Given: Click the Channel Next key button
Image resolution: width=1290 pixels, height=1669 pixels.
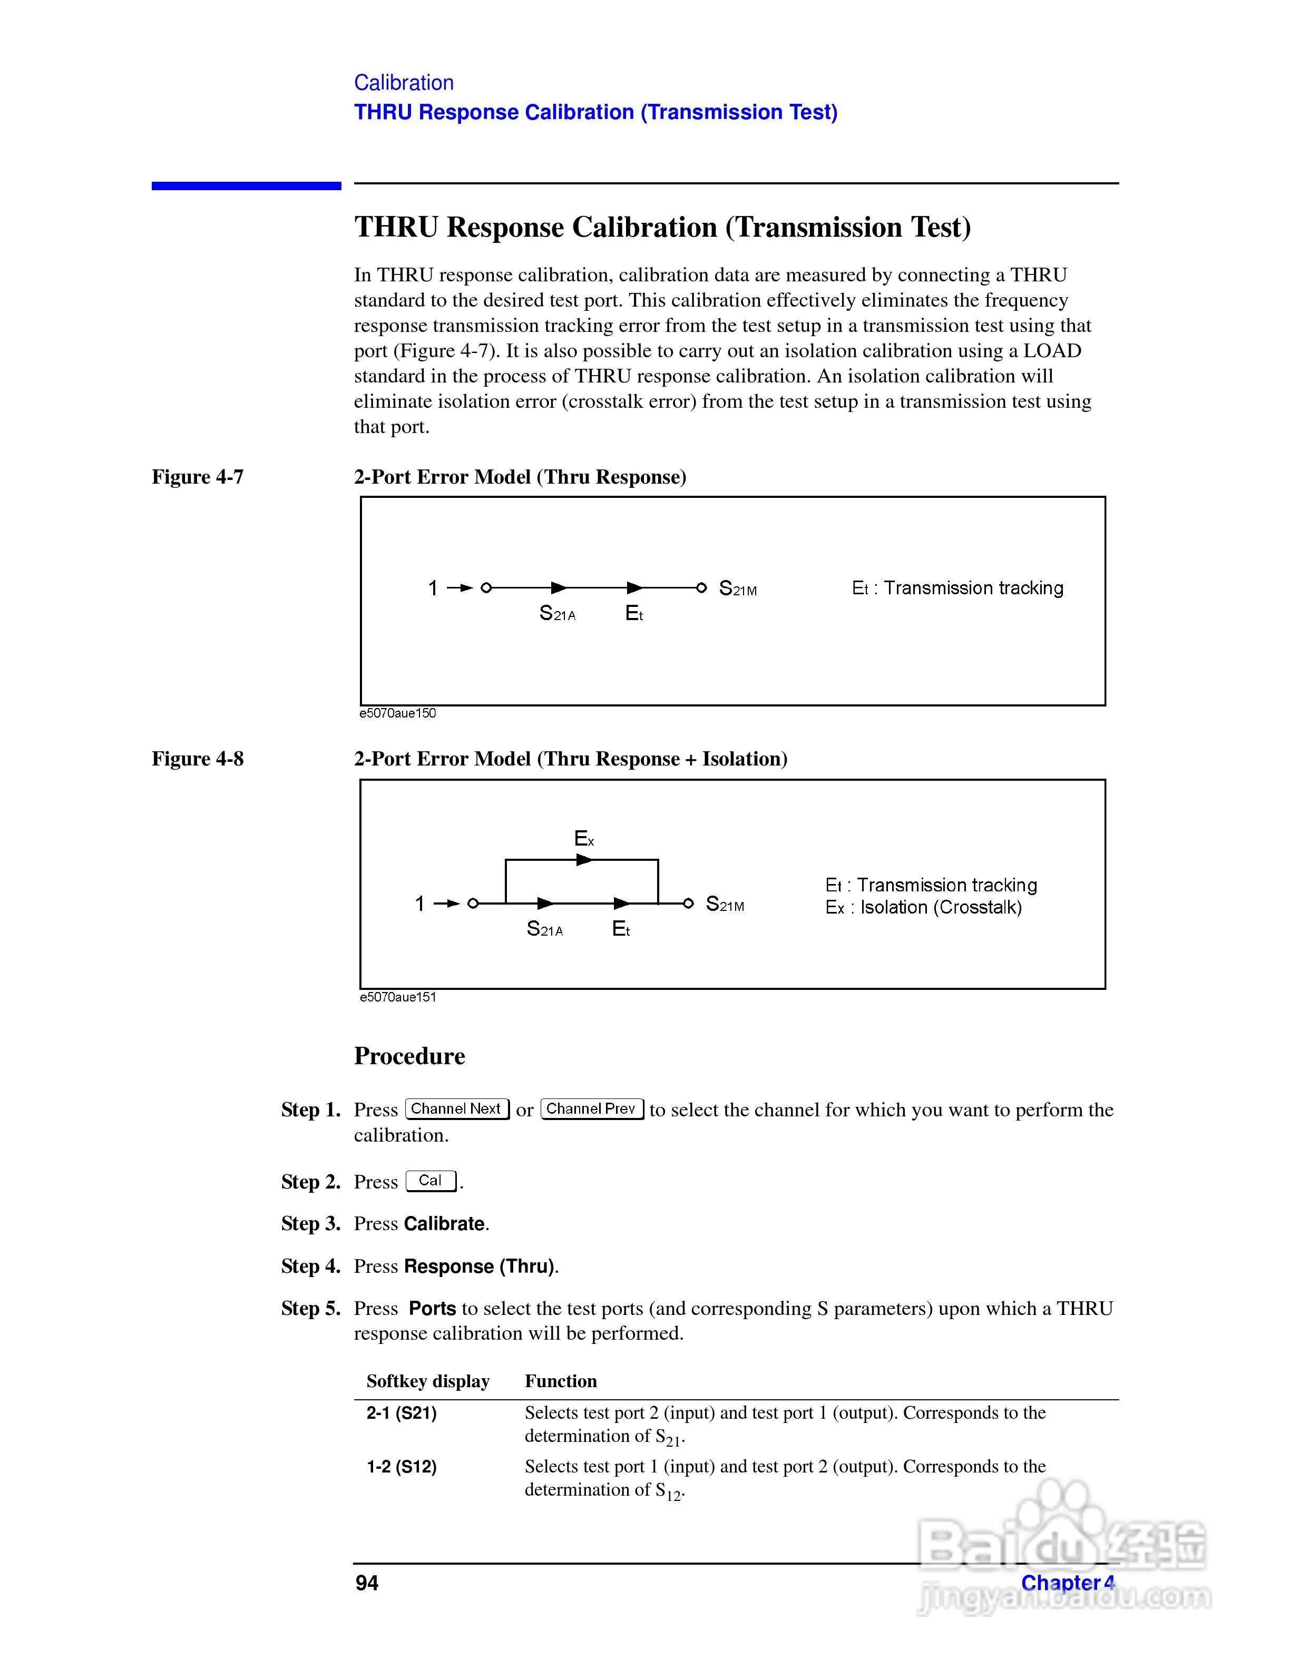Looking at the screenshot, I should pyautogui.click(x=456, y=1109).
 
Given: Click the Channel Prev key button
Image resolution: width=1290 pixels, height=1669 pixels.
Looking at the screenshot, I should pyautogui.click(x=591, y=1109).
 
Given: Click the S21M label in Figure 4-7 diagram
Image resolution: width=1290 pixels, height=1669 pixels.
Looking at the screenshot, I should pyautogui.click(x=737, y=588).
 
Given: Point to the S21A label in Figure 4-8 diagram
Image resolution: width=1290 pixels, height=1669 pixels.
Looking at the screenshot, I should pyautogui.click(x=544, y=928).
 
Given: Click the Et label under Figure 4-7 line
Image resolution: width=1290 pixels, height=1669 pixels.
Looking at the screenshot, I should pyautogui.click(x=633, y=614).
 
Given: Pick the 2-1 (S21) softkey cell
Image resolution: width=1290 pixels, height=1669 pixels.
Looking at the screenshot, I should pyautogui.click(x=401, y=1413).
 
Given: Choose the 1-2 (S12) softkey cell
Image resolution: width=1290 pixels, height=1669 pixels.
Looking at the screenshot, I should pyautogui.click(x=401, y=1467).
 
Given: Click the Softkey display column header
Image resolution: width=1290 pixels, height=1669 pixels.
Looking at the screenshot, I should pyautogui.click(x=428, y=1381).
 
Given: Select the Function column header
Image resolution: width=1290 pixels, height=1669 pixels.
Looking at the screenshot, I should pyautogui.click(x=560, y=1381).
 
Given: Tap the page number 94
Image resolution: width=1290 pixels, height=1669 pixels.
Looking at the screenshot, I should pyautogui.click(x=367, y=1583).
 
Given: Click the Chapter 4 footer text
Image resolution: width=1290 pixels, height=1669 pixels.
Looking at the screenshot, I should pyautogui.click(x=1067, y=1583).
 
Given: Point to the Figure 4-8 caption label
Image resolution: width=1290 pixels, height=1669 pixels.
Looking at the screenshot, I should pyautogui.click(x=197, y=759).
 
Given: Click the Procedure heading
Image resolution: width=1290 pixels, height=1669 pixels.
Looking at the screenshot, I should pyautogui.click(x=409, y=1056).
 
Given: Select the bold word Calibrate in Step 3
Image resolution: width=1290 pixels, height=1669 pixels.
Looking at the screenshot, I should pyautogui.click(x=444, y=1223).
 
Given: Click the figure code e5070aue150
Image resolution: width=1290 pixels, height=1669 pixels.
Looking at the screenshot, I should pyautogui.click(x=397, y=713).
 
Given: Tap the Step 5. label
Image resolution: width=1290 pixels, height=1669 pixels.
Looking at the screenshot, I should pyautogui.click(x=310, y=1308).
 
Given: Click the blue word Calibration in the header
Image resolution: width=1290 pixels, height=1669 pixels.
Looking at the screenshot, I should pyautogui.click(x=404, y=83).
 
